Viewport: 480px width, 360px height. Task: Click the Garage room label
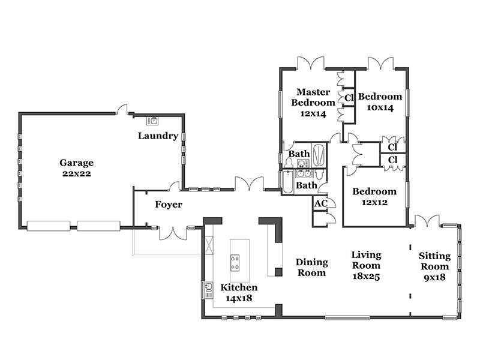76,163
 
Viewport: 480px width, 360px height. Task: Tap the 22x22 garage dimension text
77,173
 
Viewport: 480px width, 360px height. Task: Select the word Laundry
158,136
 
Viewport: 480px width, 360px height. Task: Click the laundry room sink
152,121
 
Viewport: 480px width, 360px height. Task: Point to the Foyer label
169,205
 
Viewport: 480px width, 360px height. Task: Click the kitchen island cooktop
235,263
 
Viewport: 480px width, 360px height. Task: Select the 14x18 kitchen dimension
239,298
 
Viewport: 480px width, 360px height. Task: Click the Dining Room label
311,267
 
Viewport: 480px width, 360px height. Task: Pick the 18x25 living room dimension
366,277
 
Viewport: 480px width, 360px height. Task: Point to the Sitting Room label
434,261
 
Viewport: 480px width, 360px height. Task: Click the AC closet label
321,203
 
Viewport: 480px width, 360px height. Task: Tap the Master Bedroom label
313,97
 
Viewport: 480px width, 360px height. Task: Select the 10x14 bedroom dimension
380,108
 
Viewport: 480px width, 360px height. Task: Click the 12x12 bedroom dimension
374,202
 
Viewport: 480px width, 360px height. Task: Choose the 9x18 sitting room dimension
434,277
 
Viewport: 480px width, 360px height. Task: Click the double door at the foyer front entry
173,233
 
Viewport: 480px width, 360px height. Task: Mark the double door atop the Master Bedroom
311,63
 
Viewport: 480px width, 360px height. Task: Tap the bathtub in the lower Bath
288,182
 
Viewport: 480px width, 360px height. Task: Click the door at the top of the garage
123,109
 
